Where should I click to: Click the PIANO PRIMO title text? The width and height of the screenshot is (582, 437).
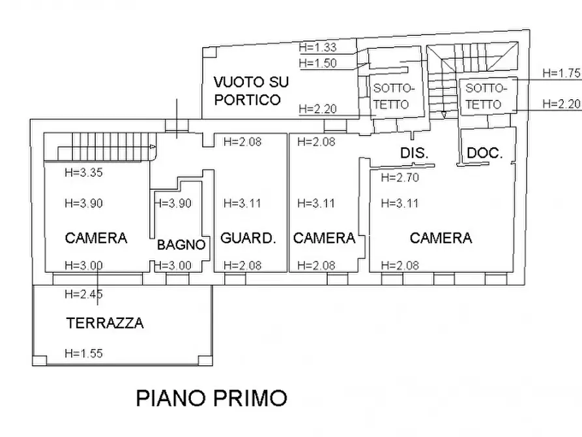[x=211, y=397]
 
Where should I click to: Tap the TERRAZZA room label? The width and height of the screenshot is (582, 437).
[x=105, y=322]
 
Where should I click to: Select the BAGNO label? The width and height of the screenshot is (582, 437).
[x=181, y=246]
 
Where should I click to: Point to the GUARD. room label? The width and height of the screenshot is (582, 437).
[x=247, y=238]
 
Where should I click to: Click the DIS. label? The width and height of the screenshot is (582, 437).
[x=413, y=154]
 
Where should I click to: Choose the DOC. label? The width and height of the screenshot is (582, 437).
[x=485, y=154]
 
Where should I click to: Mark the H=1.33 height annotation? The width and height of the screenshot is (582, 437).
[x=317, y=47]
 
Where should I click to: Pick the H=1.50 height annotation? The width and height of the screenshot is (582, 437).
[x=317, y=63]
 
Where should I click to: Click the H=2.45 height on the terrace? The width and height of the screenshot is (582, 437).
[x=83, y=294]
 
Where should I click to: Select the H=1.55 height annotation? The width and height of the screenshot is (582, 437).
[x=83, y=354]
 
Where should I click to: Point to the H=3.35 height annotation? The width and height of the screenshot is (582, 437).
[x=83, y=173]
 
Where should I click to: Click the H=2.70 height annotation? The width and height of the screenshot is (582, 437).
[x=399, y=177]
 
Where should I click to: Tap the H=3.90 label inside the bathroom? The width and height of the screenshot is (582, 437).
[x=173, y=203]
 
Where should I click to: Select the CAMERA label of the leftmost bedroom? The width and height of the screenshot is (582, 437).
[x=96, y=238]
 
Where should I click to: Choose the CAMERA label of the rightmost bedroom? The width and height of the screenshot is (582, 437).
[x=441, y=238]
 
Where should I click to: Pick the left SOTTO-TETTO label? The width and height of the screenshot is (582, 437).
[x=391, y=96]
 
